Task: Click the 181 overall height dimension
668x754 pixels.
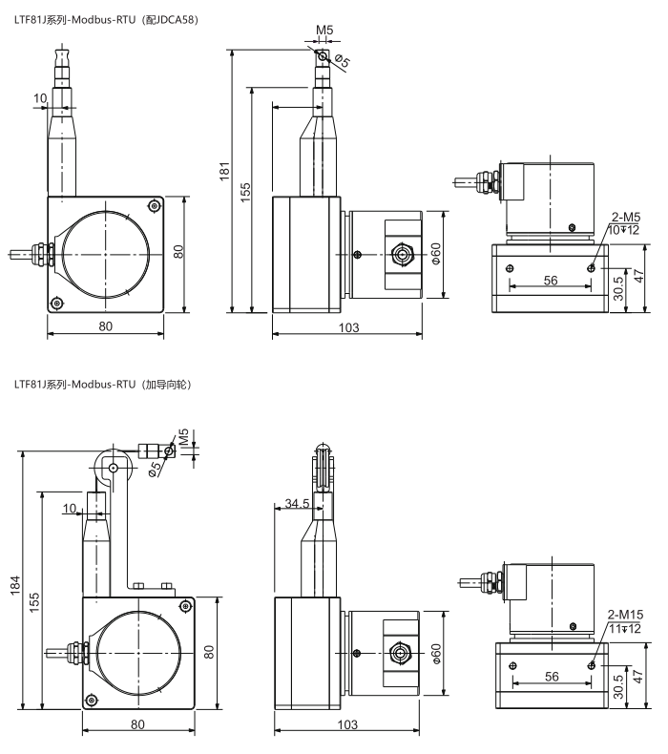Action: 225,172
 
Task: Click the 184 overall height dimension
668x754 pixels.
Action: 15,585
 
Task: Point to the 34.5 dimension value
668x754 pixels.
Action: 297,504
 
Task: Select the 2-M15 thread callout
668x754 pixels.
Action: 625,615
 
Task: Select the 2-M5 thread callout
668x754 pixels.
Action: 626,217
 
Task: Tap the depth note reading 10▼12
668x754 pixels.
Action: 624,230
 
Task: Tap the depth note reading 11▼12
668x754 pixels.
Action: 625,629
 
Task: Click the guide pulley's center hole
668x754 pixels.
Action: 113,468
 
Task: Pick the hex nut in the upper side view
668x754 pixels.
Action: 400,254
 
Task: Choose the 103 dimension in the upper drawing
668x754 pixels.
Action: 348,328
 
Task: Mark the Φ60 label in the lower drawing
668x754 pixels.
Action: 435,654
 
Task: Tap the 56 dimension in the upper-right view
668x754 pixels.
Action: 551,280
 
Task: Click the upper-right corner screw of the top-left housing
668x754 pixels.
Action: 154,206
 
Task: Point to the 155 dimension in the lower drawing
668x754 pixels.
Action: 34,602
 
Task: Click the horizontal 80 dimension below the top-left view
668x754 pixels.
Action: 105,326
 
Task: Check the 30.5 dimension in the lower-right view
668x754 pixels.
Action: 619,686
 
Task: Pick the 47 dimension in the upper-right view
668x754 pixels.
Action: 638,277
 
